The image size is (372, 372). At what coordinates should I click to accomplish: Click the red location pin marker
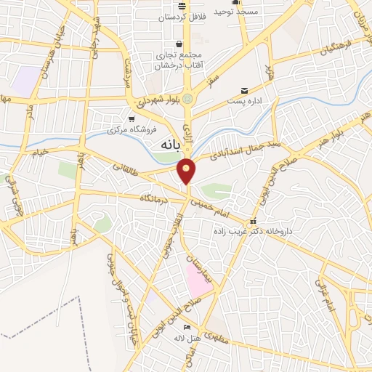click(187, 171)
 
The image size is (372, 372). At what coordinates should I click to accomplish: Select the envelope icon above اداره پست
click(245, 91)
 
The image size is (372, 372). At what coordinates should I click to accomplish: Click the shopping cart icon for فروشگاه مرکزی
click(132, 118)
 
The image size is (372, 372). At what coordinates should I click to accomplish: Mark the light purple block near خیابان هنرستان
click(26, 80)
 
